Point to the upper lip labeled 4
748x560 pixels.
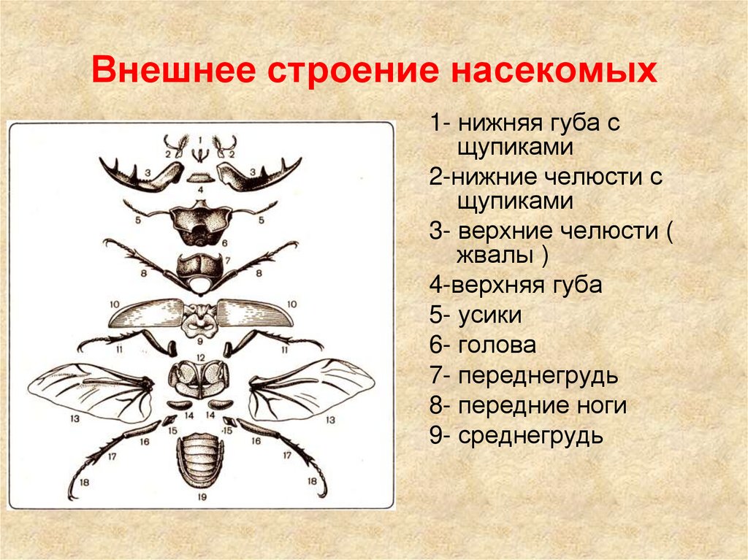coord(199,177)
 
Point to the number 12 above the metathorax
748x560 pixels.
coord(199,358)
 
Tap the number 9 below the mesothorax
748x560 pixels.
coord(199,340)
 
